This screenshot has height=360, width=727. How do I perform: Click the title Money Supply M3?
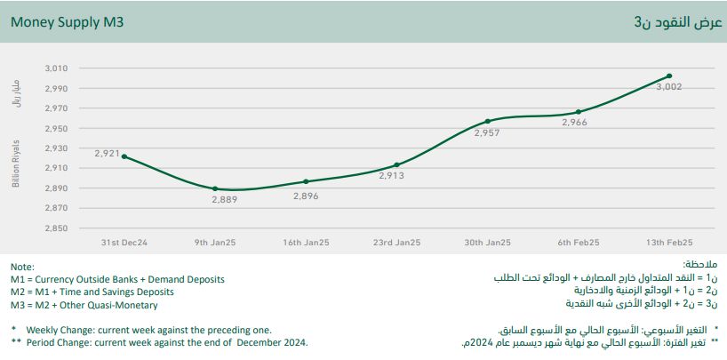(x=67, y=21)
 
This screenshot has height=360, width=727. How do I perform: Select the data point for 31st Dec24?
(x=124, y=156)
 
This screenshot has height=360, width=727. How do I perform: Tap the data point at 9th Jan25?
(x=215, y=188)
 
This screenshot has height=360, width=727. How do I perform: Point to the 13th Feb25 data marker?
(x=669, y=76)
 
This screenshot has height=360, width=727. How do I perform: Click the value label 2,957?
(x=486, y=132)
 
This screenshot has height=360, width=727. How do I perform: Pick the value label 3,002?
(x=668, y=87)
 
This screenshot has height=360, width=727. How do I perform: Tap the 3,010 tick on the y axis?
(x=56, y=68)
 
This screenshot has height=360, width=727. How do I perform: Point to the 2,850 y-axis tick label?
(x=56, y=228)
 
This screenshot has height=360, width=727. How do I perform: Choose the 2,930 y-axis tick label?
(x=56, y=148)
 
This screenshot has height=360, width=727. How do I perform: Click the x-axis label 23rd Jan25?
(x=396, y=242)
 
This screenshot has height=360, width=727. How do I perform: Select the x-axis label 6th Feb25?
(x=579, y=242)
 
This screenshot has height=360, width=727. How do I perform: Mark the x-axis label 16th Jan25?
(x=306, y=242)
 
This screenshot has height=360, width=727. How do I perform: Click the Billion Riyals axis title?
(x=16, y=164)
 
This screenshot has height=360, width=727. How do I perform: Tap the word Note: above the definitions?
(x=22, y=267)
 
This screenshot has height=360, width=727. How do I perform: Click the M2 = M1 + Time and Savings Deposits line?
(x=92, y=292)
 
